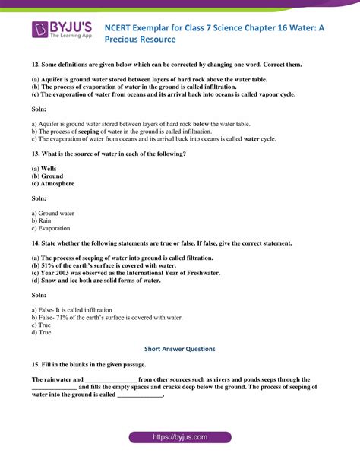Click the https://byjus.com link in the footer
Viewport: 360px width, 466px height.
pyautogui.click(x=179, y=439)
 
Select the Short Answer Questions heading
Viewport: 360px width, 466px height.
pyautogui.click(x=180, y=349)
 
